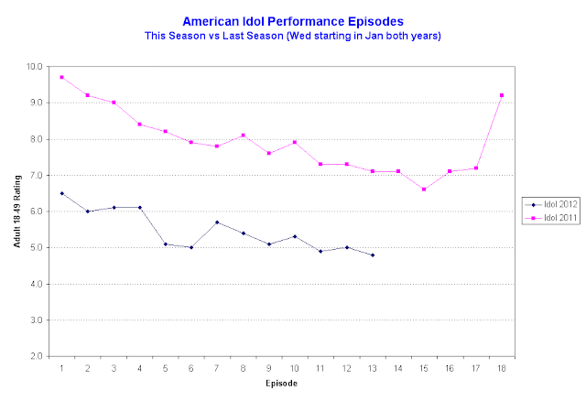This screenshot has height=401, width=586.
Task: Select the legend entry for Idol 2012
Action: coord(546,203)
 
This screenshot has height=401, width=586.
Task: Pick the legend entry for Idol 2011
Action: coord(546,217)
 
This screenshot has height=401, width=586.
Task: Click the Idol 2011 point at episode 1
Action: coord(61,77)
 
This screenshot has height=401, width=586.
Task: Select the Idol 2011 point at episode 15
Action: coord(450,190)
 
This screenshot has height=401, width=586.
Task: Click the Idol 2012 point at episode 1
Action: coord(61,193)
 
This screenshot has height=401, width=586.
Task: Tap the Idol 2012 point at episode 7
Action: coord(217,222)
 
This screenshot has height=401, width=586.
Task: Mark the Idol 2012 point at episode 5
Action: coord(165,244)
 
